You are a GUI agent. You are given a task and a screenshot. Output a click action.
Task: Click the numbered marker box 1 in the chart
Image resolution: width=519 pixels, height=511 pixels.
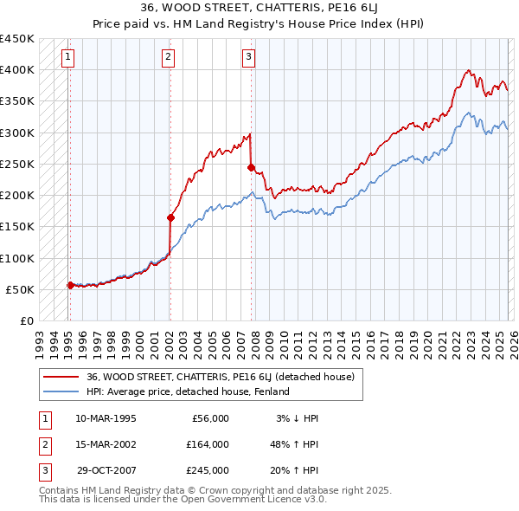pyautogui.click(x=67, y=58)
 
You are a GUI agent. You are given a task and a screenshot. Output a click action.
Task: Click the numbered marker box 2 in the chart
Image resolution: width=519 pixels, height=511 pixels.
pyautogui.click(x=168, y=58)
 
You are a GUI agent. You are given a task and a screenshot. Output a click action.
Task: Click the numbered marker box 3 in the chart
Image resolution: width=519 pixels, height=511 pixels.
pyautogui.click(x=248, y=58)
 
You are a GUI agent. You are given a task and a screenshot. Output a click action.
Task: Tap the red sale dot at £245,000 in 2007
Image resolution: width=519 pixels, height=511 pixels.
pyautogui.click(x=251, y=167)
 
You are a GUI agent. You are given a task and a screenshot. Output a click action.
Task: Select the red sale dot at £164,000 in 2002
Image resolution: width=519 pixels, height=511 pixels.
pyautogui.click(x=170, y=218)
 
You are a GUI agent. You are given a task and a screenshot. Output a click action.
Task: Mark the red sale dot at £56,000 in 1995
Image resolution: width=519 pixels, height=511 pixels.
pyautogui.click(x=70, y=285)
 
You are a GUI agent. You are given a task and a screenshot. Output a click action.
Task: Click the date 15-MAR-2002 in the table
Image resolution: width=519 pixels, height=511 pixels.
pyautogui.click(x=106, y=444)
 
